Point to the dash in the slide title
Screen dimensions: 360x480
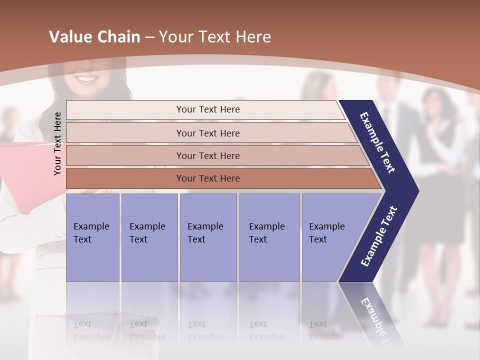pos(149,37)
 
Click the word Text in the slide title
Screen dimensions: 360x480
pos(212,37)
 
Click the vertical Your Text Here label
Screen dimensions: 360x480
pos(57,143)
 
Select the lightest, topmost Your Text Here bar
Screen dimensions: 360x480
pos(207,109)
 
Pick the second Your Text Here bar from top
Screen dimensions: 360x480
pos(207,133)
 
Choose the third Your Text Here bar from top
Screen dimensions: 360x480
pos(207,155)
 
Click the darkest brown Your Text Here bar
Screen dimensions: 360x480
pos(207,178)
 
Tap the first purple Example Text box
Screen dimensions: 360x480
pos(92,237)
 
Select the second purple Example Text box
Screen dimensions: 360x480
pos(149,237)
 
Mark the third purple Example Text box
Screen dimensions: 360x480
pos(208,237)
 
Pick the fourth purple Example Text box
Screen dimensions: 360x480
pos(269,237)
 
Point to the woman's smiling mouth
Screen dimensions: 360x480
pos(88,79)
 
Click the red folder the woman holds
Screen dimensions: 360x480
pos(20,165)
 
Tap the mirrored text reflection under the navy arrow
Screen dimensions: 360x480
pos(377,317)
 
